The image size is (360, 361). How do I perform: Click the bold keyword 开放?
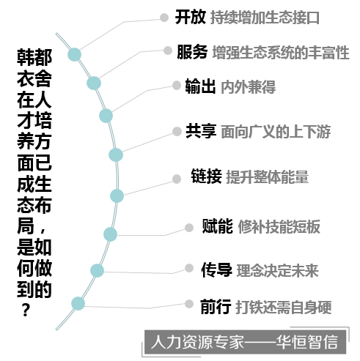pyautogui.click(x=190, y=17)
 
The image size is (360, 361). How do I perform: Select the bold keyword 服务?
pyautogui.click(x=192, y=52)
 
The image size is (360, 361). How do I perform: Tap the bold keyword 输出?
pyautogui.click(x=200, y=86)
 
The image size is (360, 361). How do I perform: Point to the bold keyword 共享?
pyautogui.click(x=201, y=131)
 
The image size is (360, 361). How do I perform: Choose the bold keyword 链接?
pyautogui.click(x=207, y=176)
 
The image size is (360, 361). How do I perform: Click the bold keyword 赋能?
pyautogui.click(x=218, y=226)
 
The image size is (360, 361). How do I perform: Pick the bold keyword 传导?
pyautogui.click(x=216, y=269)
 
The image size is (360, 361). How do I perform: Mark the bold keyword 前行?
pyautogui.click(x=216, y=306)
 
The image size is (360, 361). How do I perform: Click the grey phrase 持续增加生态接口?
pyautogui.click(x=265, y=18)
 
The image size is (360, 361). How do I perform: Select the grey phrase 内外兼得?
pyautogui.click(x=248, y=86)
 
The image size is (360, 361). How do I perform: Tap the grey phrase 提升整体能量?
pyautogui.click(x=268, y=176)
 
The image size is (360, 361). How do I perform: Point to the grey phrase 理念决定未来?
pyautogui.click(x=277, y=270)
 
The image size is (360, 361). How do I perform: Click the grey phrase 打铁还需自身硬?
pyautogui.click(x=284, y=307)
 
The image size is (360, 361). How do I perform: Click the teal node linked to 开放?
pyautogui.click(x=74, y=54)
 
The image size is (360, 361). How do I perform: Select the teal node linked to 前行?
pyautogui.click(x=78, y=304)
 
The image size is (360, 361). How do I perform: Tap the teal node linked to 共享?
pyautogui.click(x=116, y=155)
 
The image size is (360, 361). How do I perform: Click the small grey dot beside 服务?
pyautogui.click(x=168, y=51)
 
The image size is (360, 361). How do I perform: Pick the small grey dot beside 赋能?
pyautogui.click(x=189, y=228)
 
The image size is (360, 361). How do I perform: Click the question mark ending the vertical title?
pyautogui.click(x=26, y=310)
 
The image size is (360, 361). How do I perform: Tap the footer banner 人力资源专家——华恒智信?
pyautogui.click(x=245, y=342)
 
